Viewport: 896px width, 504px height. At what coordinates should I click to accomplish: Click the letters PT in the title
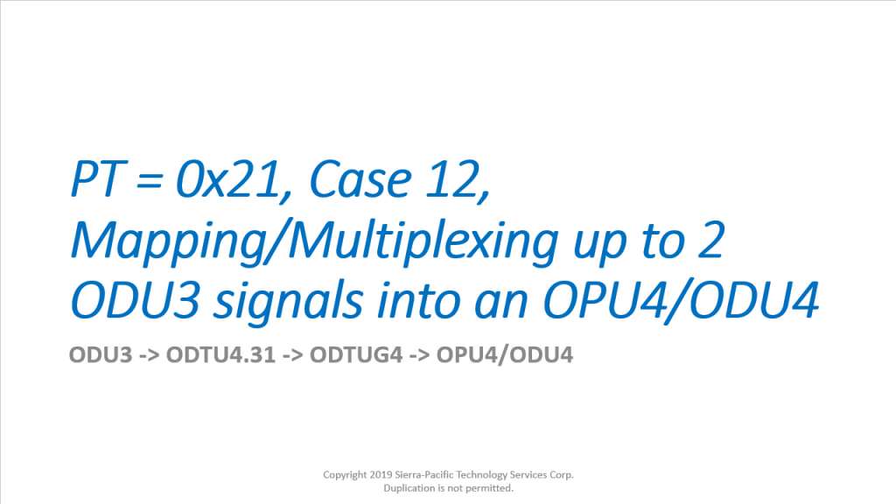97,180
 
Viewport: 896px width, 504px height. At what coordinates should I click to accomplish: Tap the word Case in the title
360,180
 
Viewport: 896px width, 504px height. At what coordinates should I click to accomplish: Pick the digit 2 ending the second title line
711,241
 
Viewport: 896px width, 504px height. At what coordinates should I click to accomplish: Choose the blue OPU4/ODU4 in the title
682,301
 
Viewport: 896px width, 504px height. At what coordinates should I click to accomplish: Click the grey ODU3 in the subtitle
101,355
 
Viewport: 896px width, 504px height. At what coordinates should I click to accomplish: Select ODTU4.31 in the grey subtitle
220,355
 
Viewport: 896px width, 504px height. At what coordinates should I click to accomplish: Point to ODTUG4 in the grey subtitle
356,355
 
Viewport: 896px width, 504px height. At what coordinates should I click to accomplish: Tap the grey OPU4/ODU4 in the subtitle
505,355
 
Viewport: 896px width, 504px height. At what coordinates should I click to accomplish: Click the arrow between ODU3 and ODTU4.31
150,356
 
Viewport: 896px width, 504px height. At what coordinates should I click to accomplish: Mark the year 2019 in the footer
381,474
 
